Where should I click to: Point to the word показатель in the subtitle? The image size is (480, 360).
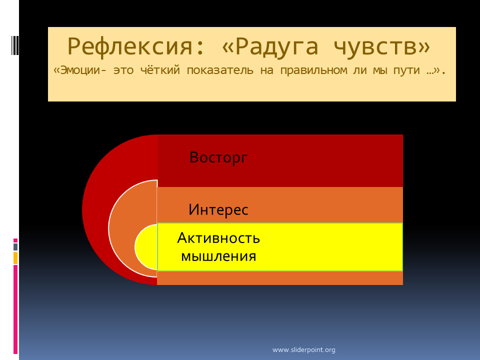pos(220,70)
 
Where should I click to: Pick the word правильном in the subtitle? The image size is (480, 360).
pos(313,70)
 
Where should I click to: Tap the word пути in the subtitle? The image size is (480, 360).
pos(406,70)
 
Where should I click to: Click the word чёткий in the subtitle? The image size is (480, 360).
pos(160,70)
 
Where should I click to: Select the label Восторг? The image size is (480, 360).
pos(218,157)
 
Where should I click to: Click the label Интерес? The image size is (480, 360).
pos(218,209)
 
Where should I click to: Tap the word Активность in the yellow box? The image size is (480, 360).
pos(218,238)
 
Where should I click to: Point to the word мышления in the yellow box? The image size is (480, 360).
pos(218,256)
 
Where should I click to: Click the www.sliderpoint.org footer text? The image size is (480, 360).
pos(303,349)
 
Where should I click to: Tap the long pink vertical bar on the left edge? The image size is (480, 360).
pos(15,309)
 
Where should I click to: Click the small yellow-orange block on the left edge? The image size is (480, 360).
pos(15,258)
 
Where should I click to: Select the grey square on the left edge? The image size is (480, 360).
pos(15,246)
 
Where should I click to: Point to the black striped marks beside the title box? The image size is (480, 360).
pos(15,45)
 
